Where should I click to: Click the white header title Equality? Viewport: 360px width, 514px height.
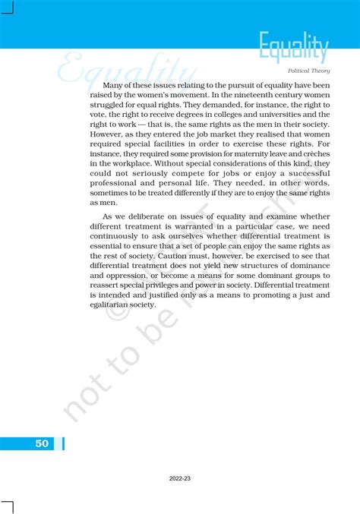[x=293, y=48]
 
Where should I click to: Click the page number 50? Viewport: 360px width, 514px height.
[x=41, y=443]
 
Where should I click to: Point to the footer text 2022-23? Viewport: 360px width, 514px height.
[x=180, y=479]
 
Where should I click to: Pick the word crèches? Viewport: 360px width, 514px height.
[x=314, y=152]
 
